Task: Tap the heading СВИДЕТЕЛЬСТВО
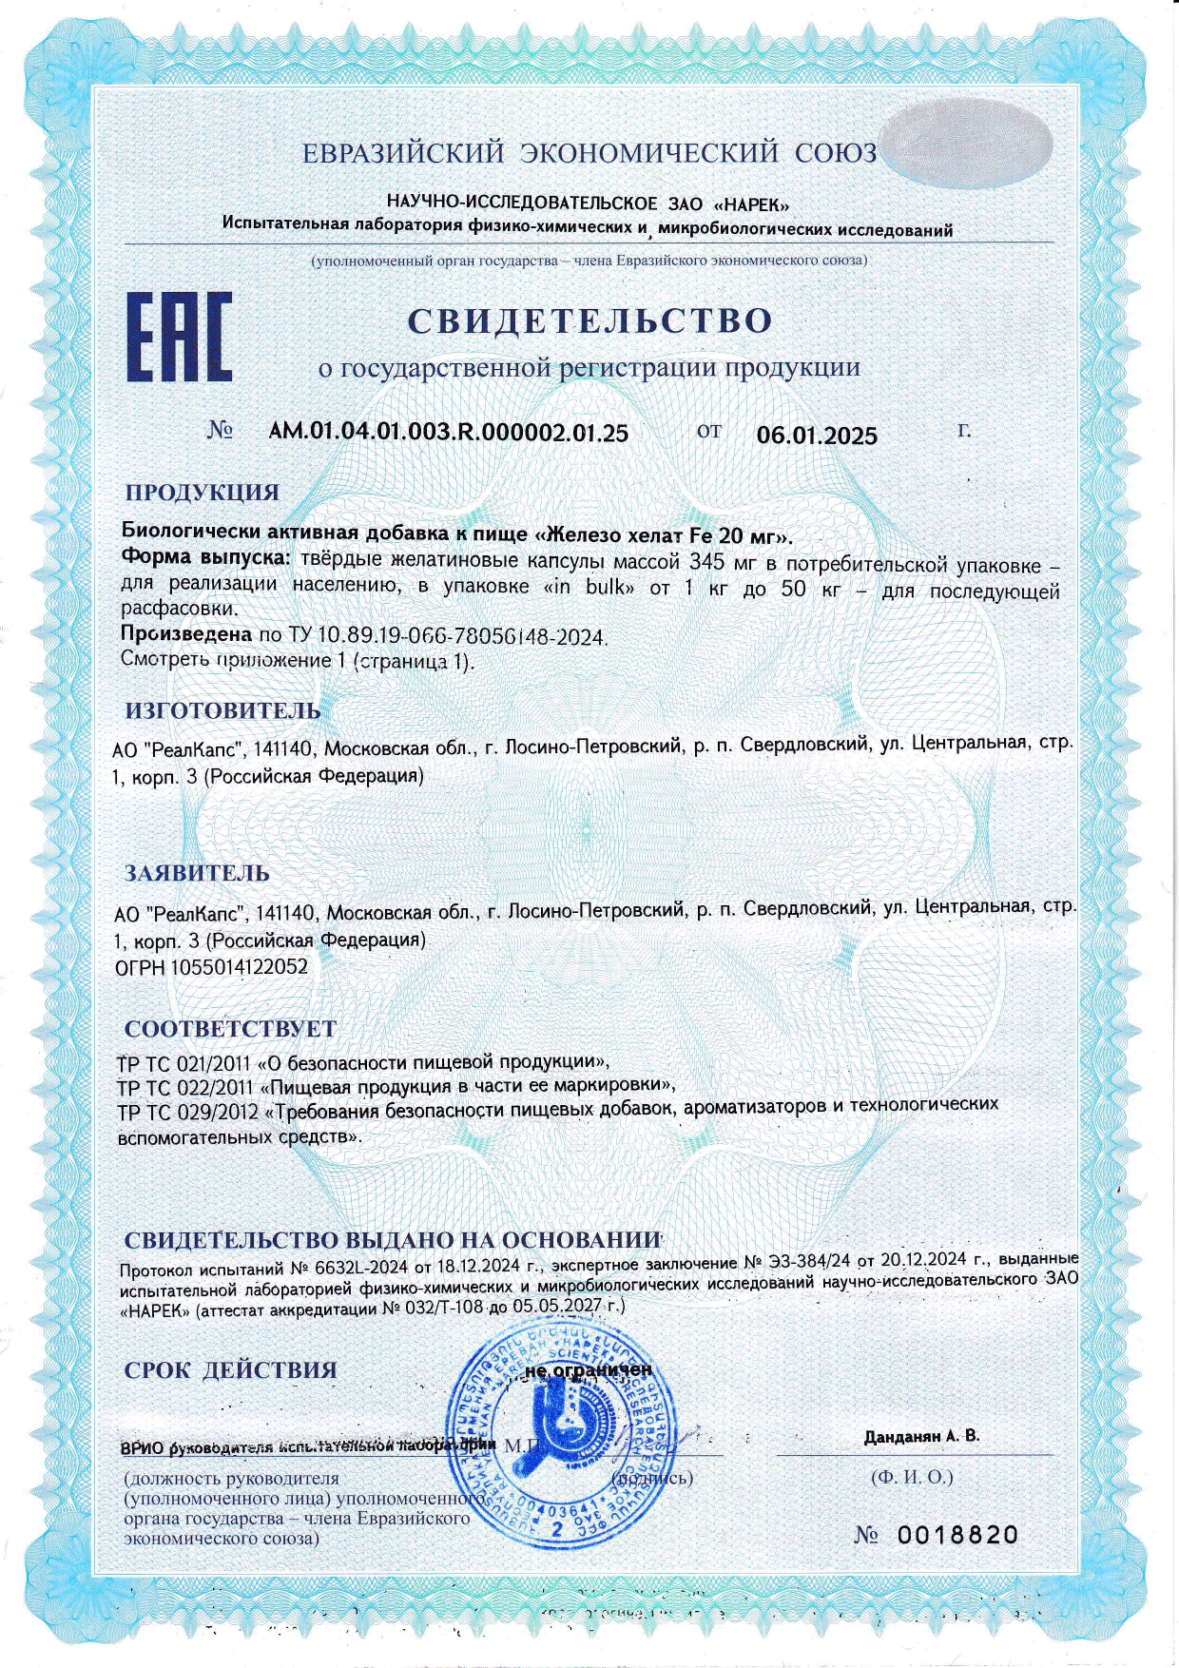pos(589,320)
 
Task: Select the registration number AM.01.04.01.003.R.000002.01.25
pos(449,433)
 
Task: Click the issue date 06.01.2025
pos(817,436)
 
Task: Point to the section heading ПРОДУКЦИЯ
pos(203,493)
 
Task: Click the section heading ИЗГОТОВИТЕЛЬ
pos(223,710)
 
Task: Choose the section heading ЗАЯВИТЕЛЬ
pos(198,872)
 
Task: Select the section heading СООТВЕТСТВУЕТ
pos(230,1029)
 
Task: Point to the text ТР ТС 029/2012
pos(186,1112)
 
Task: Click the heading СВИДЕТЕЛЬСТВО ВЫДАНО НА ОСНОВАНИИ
pos(393,1240)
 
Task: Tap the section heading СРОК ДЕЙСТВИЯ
pos(231,1369)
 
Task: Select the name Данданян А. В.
pos(921,1436)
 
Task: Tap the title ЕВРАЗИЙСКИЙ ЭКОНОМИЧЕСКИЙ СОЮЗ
pos(589,153)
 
